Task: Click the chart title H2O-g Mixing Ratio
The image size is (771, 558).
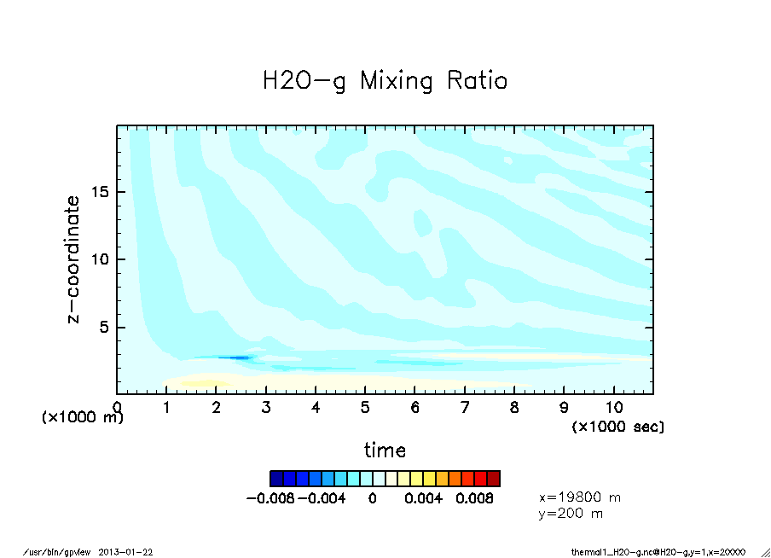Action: tap(385, 82)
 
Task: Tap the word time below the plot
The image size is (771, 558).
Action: tap(385, 450)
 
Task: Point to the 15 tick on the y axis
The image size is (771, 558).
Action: tap(100, 192)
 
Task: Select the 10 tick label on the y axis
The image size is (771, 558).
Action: tap(100, 259)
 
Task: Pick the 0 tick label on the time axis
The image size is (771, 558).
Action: tap(117, 408)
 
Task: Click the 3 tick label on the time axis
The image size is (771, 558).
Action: tap(266, 408)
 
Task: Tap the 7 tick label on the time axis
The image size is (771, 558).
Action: tap(465, 408)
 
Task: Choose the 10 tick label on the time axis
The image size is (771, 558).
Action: tap(613, 408)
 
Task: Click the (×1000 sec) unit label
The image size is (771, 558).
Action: tap(618, 426)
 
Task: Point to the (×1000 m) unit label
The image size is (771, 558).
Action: tap(83, 418)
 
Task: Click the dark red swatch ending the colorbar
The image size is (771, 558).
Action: tap(494, 479)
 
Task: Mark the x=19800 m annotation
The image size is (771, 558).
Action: tap(580, 497)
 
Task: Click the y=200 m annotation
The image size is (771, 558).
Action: tap(571, 514)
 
